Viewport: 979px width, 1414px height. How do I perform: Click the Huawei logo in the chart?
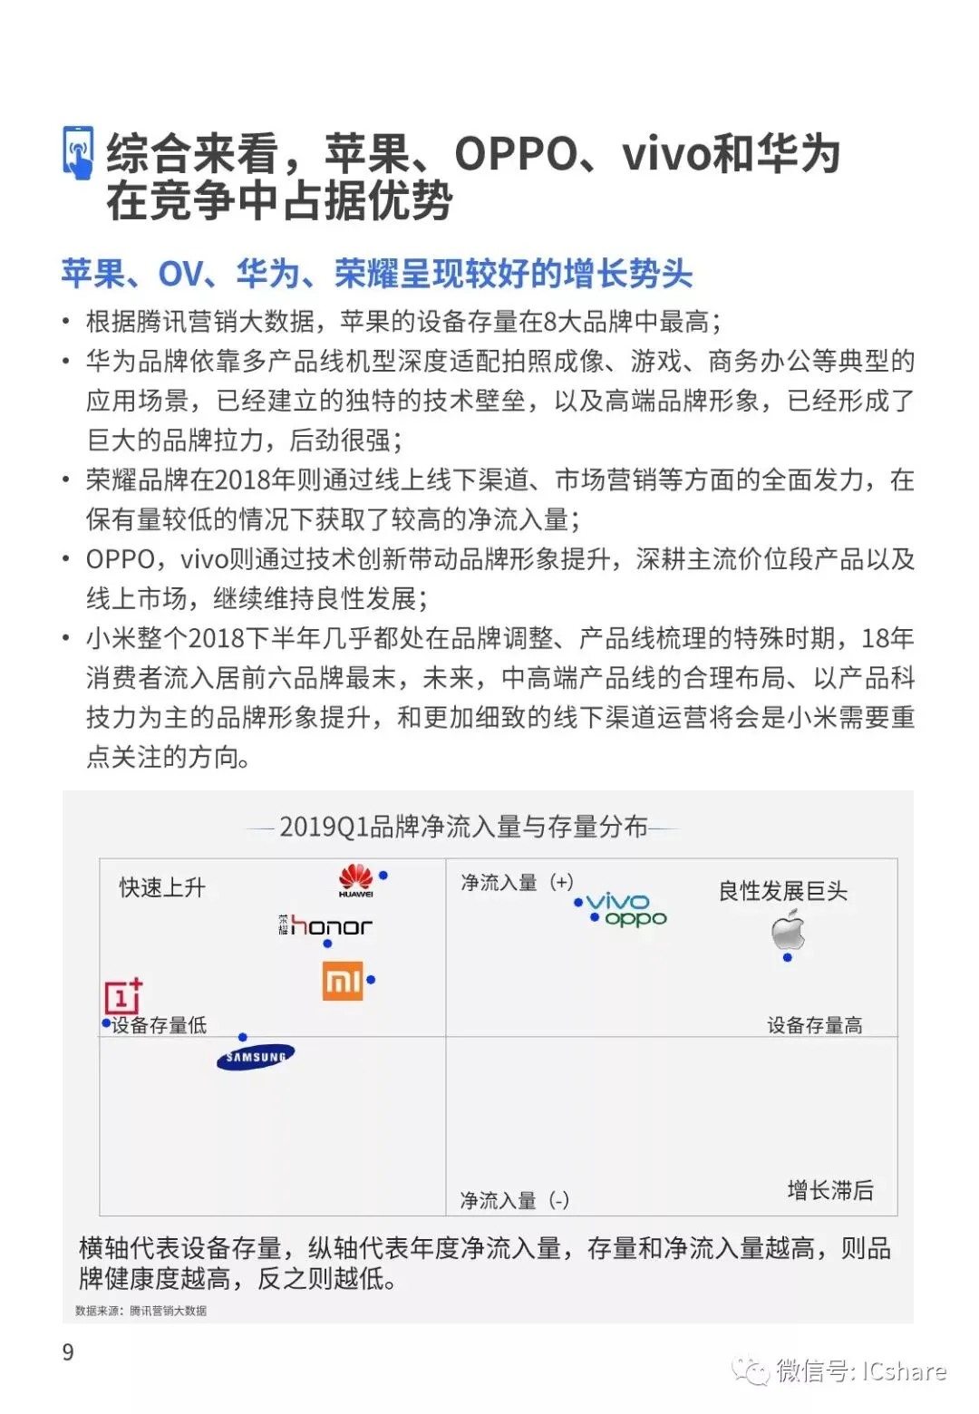click(355, 880)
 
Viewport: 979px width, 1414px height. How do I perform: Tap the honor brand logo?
click(325, 925)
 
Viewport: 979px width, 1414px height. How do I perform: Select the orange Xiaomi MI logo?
click(343, 981)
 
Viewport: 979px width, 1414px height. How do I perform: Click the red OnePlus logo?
click(123, 996)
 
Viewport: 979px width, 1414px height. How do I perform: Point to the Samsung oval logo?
click(256, 1057)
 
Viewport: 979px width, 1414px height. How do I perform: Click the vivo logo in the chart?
click(618, 901)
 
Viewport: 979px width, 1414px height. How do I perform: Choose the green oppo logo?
click(635, 918)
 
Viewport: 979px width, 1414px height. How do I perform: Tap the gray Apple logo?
click(788, 931)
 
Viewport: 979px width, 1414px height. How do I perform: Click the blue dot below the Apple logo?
click(787, 957)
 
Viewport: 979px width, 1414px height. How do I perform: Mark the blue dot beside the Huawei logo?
click(383, 876)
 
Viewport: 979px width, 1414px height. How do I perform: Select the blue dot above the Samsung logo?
click(243, 1037)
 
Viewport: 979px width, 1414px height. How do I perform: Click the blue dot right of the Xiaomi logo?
click(371, 980)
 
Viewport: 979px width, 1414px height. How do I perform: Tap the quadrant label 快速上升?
click(163, 887)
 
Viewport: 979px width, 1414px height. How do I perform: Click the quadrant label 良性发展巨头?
click(782, 891)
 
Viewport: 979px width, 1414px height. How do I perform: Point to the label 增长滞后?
click(830, 1190)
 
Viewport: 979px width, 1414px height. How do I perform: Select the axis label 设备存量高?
click(814, 1025)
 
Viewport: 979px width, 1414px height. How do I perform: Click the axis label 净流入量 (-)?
click(514, 1200)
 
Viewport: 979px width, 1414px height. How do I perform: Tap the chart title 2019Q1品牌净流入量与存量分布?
click(463, 827)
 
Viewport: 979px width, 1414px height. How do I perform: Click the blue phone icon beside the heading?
click(79, 152)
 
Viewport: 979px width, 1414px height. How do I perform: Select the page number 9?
click(68, 1352)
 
